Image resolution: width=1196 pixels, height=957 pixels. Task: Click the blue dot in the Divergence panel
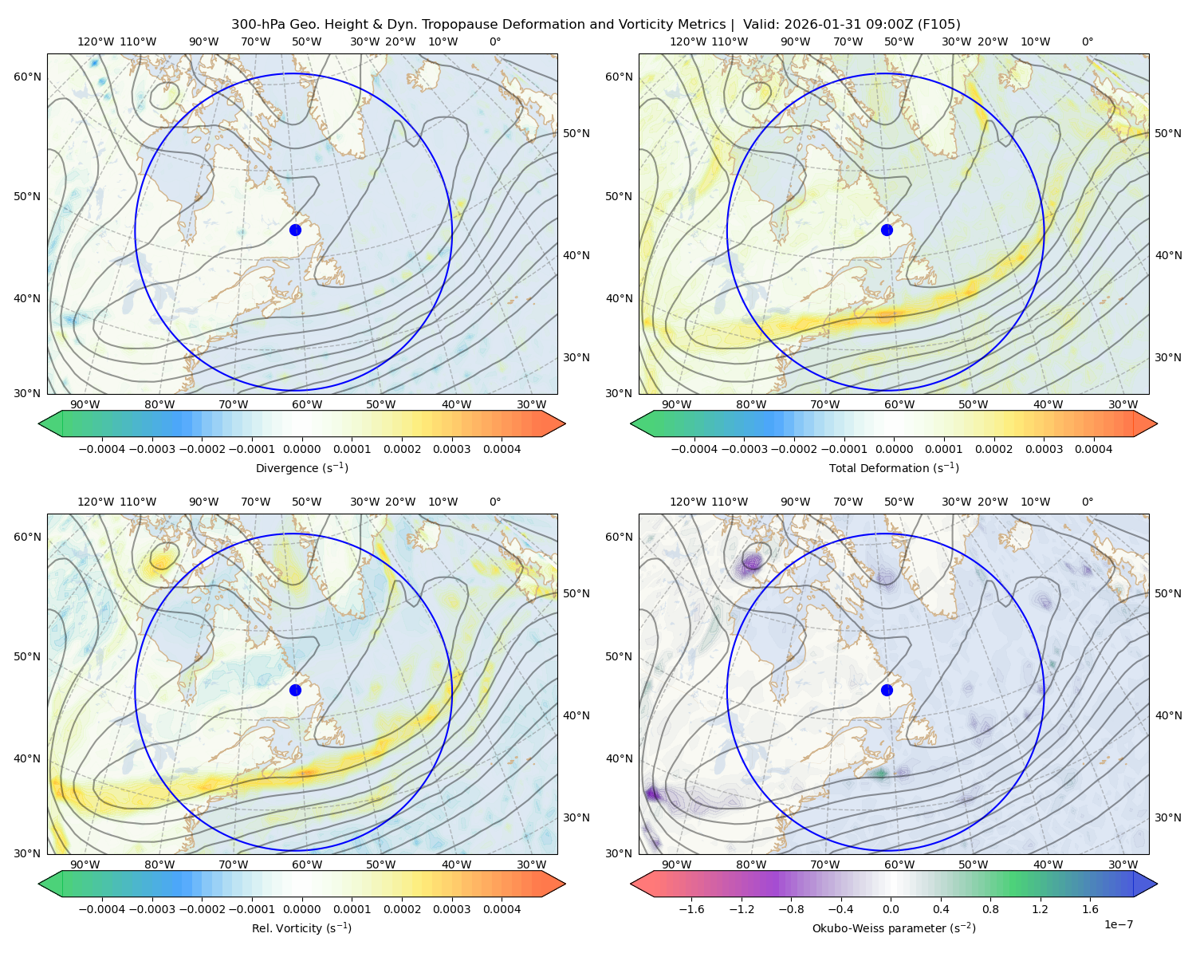[295, 230]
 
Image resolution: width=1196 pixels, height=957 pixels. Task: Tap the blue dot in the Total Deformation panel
[887, 230]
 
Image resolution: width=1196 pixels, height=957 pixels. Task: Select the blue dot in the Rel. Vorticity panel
[295, 690]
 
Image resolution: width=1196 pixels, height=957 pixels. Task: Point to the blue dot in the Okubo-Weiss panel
[887, 690]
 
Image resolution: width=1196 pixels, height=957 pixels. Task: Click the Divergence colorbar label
[301, 468]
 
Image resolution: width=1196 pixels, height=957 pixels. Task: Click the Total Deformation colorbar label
[894, 468]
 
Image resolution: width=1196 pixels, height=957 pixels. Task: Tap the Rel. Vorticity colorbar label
[301, 928]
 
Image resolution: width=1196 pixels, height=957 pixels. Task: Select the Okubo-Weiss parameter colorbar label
[894, 928]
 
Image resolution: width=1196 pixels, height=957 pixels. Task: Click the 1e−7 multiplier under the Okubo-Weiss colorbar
[1118, 924]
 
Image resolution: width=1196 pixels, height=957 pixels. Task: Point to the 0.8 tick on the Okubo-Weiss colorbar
[990, 909]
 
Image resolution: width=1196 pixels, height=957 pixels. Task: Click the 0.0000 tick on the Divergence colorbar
[301, 449]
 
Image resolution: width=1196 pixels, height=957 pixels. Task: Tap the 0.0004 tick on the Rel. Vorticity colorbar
[502, 909]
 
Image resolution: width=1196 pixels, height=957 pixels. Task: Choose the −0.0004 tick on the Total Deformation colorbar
[694, 449]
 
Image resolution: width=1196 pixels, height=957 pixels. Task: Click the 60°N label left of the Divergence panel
[27, 77]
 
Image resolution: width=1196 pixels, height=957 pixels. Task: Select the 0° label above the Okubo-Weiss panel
[1087, 502]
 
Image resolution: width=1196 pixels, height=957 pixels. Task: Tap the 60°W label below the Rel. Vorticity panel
[307, 864]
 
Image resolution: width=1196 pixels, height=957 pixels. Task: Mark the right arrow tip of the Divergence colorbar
[565, 423]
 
